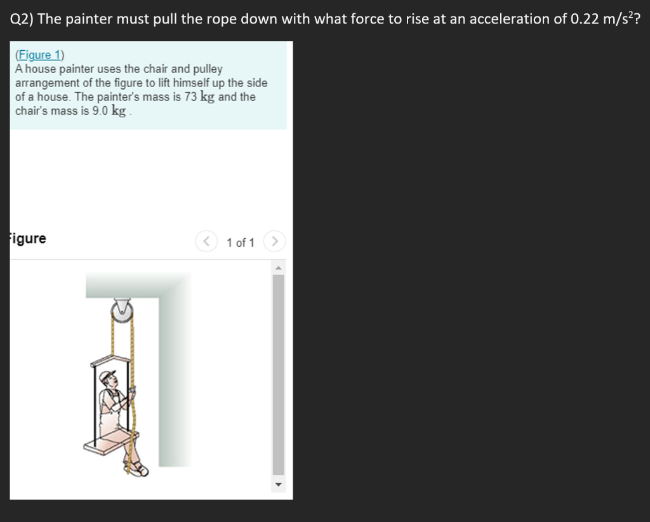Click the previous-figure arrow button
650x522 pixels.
point(206,242)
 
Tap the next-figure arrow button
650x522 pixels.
point(274,242)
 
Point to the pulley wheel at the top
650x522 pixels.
point(121,311)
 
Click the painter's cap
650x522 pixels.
point(109,375)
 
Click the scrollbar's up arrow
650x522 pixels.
point(278,268)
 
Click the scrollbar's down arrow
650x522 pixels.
point(278,486)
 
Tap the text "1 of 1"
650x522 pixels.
point(241,243)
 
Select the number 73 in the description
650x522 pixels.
point(190,97)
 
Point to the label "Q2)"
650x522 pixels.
point(22,19)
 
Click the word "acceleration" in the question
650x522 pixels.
point(510,18)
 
